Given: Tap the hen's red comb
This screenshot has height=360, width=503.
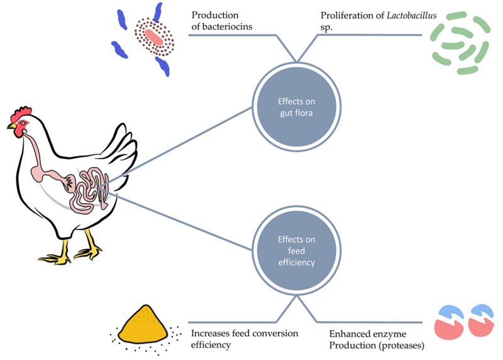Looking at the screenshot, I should (23, 114).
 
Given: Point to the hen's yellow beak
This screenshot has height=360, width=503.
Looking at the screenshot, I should (12, 126).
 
